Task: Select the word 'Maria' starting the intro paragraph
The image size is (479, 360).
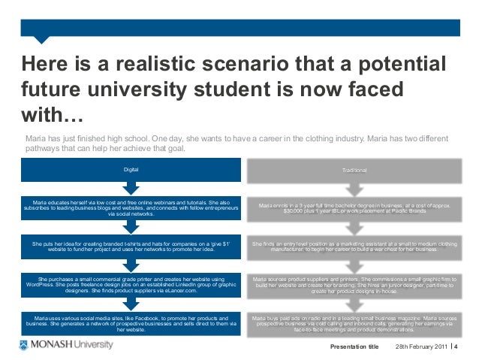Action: coord(35,139)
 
